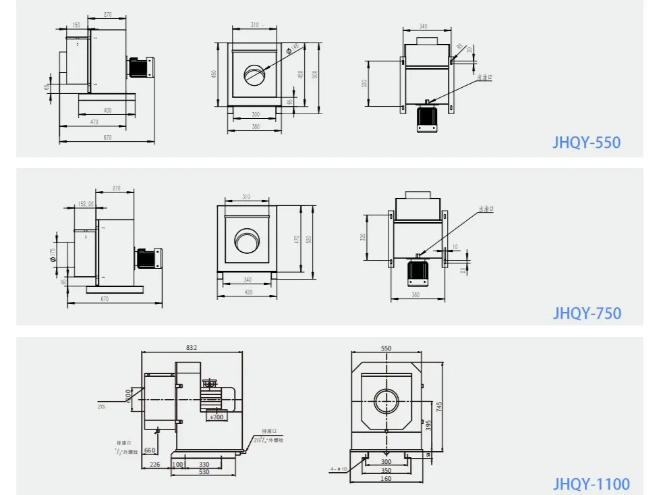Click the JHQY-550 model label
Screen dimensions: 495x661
click(586, 142)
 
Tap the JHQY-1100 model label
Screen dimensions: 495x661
click(592, 484)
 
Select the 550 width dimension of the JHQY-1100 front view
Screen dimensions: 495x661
click(386, 348)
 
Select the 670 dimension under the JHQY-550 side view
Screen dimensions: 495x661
click(106, 137)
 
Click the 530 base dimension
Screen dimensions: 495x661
click(204, 471)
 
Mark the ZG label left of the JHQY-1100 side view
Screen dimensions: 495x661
click(102, 407)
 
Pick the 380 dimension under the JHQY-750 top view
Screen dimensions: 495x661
click(417, 294)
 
